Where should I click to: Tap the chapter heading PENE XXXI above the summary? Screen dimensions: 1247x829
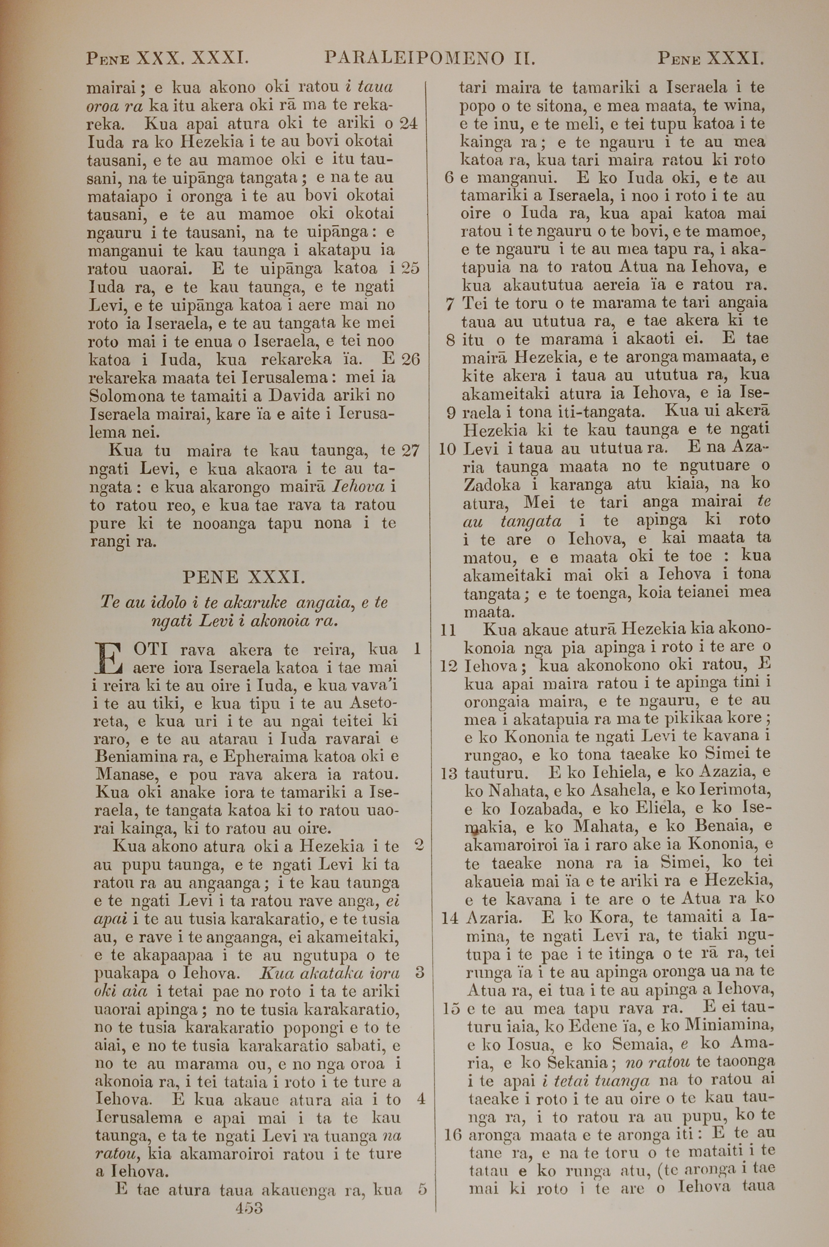(243, 576)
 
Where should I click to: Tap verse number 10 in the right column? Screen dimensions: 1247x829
(447, 449)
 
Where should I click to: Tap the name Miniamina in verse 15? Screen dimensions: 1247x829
(730, 1026)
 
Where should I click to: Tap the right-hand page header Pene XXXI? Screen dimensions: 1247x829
(710, 58)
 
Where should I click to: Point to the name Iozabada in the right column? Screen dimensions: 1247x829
(549, 808)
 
